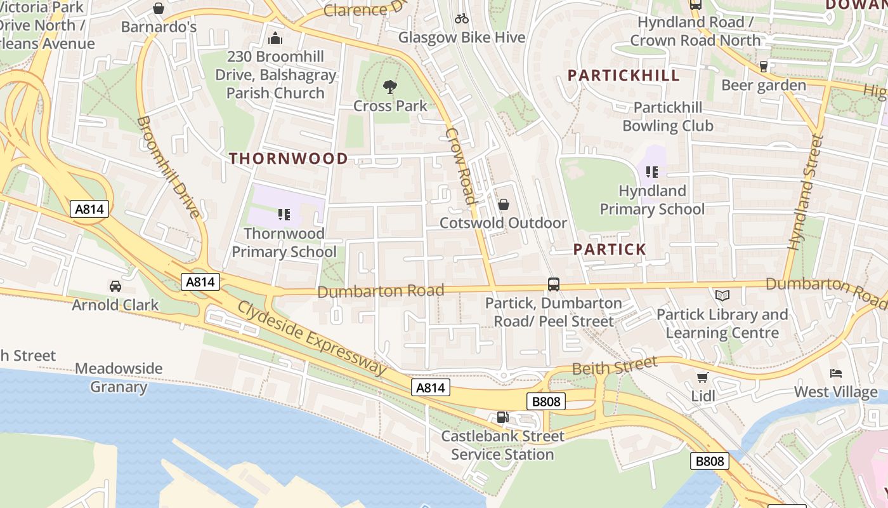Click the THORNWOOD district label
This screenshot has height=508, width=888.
(289, 159)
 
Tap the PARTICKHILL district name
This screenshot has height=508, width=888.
(624, 76)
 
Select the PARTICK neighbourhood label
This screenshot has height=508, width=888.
(610, 250)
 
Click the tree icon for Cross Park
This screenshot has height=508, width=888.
(390, 87)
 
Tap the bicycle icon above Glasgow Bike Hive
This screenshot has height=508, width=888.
(462, 19)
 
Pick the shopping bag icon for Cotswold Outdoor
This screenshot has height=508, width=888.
(504, 204)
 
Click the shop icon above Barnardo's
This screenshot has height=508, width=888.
(159, 8)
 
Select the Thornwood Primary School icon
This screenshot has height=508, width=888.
(284, 215)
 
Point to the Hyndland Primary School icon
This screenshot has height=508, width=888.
(652, 172)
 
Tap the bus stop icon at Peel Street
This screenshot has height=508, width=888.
(554, 284)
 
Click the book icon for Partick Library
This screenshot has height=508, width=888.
(722, 295)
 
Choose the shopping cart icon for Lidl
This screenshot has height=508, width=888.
(703, 378)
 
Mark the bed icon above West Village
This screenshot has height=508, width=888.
(836, 373)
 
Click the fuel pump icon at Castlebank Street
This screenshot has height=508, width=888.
(502, 417)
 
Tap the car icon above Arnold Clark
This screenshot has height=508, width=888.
(115, 286)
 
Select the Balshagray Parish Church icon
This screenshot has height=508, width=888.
(275, 38)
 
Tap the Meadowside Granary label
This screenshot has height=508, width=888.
(119, 378)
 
